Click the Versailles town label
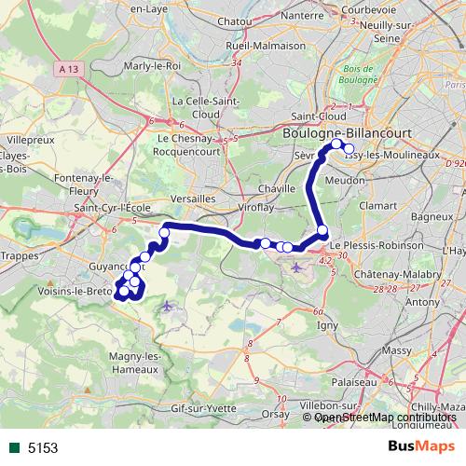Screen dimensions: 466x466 point(195,199)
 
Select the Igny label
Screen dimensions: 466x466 point(328,325)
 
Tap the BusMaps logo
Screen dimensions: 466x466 point(420,446)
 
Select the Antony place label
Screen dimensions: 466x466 point(424,301)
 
